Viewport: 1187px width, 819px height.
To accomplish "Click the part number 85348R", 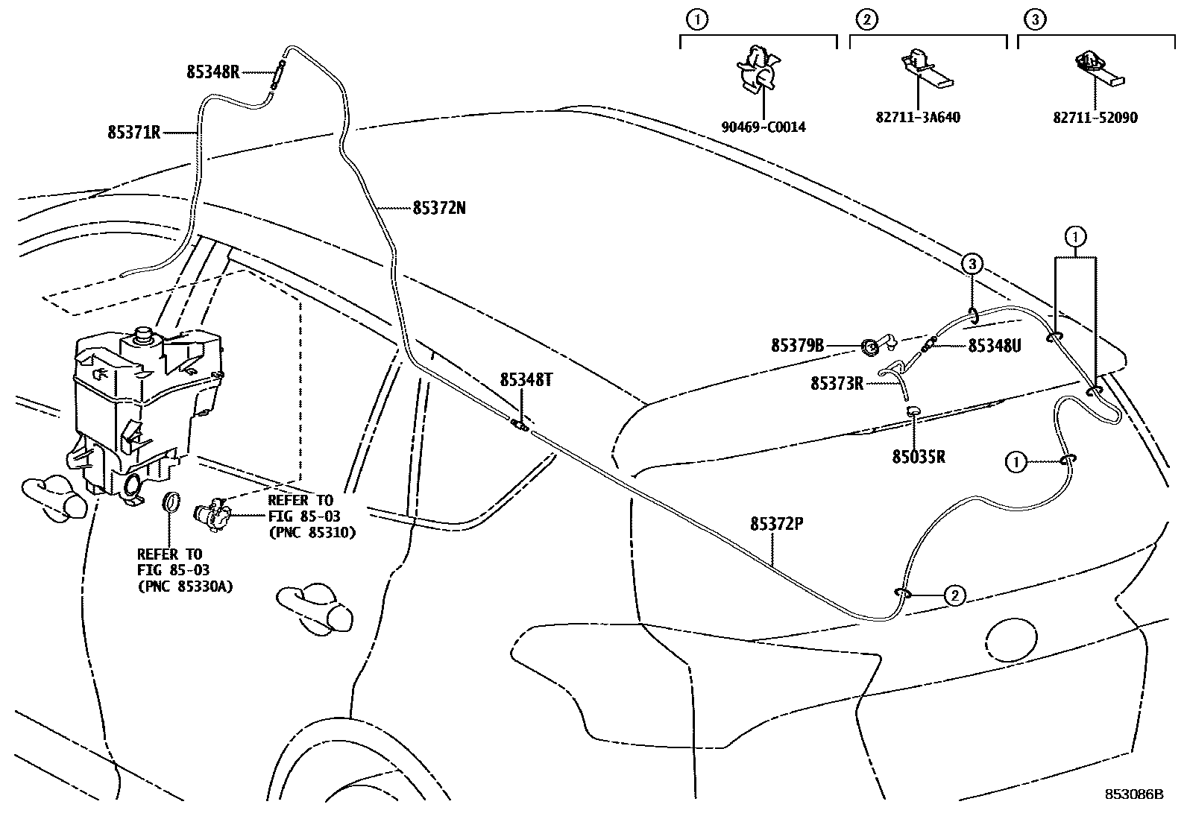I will [212, 72].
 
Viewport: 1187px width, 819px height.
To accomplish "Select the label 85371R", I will [134, 133].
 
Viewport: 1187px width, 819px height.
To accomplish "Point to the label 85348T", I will [526, 380].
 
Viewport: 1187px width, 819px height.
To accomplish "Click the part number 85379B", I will [797, 346].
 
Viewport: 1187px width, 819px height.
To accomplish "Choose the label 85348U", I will [994, 346].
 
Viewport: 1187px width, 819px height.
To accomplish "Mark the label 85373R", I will [837, 384].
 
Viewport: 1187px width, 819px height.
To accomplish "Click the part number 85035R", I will [918, 457].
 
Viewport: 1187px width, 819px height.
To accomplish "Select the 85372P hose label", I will [776, 524].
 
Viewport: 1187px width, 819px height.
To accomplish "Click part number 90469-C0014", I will [763, 127].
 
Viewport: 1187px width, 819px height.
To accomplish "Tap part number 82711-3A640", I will [918, 118].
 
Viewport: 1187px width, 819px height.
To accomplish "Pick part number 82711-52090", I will [1095, 118].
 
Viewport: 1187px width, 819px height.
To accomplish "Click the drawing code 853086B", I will [1133, 794].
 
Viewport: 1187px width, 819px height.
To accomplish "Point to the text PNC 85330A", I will [185, 586].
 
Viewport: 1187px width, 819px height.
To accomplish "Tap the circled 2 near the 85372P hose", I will [954, 595].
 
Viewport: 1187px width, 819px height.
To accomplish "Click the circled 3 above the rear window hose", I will [972, 262].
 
